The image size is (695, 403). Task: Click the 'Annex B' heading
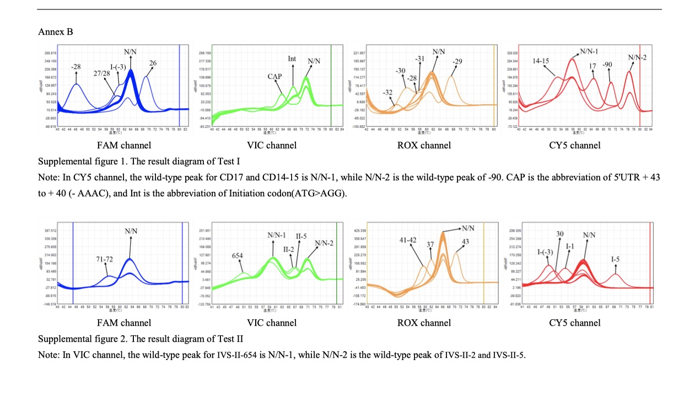tap(55, 32)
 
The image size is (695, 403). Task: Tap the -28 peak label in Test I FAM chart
tap(76, 67)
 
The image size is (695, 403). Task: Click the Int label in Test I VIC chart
tap(292, 59)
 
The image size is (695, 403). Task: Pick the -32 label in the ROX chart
tap(388, 92)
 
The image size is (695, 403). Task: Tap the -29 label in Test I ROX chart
tap(457, 61)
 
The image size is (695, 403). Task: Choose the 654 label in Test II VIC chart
tap(237, 256)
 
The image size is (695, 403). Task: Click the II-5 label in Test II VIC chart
tap(301, 236)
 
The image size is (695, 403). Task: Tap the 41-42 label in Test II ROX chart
tap(408, 240)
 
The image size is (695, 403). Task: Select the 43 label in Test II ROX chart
tap(465, 241)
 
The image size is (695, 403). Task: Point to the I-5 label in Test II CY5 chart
tap(616, 259)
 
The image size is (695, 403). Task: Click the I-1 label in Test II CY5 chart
tap(570, 245)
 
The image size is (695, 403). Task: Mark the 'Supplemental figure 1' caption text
tap(77, 162)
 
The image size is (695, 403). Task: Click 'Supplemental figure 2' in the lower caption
tap(77, 338)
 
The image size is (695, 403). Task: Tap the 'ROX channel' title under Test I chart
tap(423, 146)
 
